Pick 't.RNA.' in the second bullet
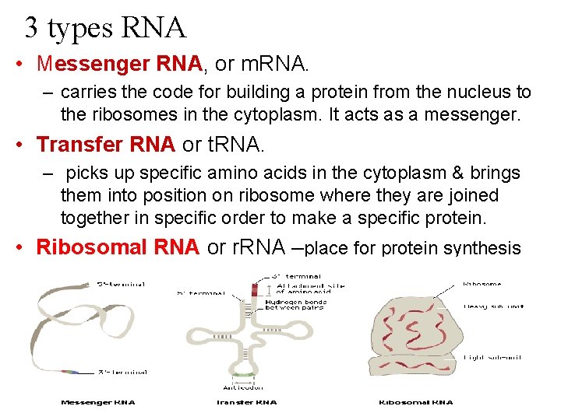pos(238,145)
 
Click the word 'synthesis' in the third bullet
pos(482,249)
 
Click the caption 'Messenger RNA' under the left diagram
pos(98,402)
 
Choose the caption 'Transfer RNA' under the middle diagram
pos(246,402)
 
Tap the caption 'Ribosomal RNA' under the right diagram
pos(415,402)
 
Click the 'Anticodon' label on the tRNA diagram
pos(244,387)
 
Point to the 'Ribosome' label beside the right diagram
pos(483,285)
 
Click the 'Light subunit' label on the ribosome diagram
pos(492,357)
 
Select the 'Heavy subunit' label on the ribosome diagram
pos(493,306)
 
